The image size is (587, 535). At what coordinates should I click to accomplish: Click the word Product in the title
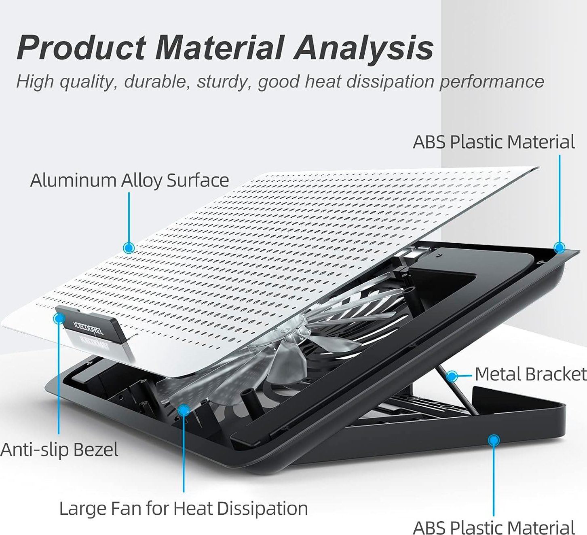[82, 47]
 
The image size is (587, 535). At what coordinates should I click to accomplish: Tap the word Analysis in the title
[364, 47]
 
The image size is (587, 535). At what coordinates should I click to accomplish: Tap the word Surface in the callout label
[198, 180]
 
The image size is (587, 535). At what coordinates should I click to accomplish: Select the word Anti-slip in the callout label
[34, 450]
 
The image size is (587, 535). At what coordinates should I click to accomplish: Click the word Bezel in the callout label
[96, 449]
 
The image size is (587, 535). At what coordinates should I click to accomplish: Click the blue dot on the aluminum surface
[129, 248]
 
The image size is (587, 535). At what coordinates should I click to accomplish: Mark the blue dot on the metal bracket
[452, 376]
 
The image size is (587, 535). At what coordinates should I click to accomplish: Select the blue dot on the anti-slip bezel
[59, 318]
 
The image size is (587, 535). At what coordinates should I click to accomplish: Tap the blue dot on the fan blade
[184, 410]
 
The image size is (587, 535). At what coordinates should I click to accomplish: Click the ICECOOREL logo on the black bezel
[88, 327]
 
